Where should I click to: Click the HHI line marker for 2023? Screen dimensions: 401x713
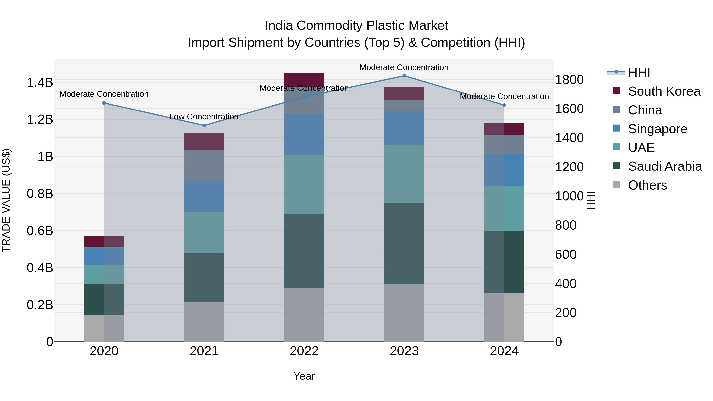click(x=404, y=76)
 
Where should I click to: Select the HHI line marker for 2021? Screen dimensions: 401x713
click(x=204, y=125)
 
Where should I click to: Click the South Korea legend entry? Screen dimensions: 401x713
click(x=664, y=91)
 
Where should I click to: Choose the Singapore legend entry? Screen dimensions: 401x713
click(x=657, y=129)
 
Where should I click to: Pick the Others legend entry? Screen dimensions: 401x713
click(x=647, y=185)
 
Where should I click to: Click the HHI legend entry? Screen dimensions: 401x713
click(x=639, y=72)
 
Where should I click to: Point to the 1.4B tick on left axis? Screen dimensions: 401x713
click(x=40, y=82)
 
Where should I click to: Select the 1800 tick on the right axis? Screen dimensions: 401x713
click(x=569, y=80)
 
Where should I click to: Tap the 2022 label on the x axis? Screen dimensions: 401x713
click(x=304, y=351)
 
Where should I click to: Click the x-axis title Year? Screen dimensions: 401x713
click(x=304, y=376)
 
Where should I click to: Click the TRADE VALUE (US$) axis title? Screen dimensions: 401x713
click(x=6, y=200)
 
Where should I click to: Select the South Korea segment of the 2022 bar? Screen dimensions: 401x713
click(x=304, y=80)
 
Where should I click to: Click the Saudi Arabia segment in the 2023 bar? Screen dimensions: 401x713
click(x=404, y=243)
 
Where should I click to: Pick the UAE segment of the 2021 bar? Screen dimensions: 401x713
click(x=204, y=232)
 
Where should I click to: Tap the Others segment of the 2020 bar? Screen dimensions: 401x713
click(x=104, y=328)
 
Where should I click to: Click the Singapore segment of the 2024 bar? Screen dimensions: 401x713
click(x=504, y=170)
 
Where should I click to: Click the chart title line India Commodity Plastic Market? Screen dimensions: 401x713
click(x=356, y=26)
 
